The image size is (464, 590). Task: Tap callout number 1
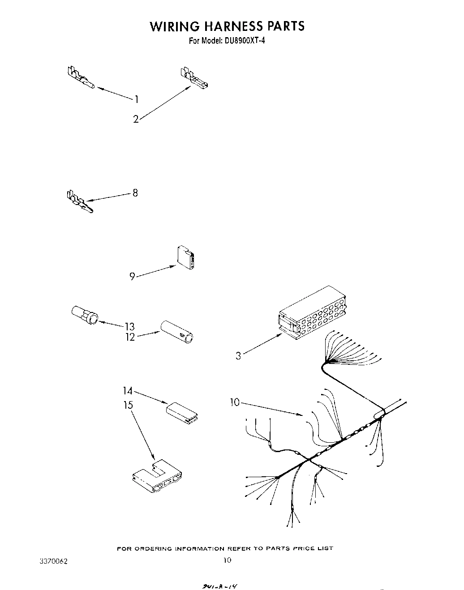(137, 99)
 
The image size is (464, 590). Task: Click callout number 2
(136, 119)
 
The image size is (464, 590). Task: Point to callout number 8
(135, 193)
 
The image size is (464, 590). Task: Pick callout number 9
(132, 277)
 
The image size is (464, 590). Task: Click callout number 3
(238, 356)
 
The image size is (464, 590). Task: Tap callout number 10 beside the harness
(235, 403)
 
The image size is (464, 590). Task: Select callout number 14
(128, 391)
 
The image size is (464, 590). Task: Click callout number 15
(128, 405)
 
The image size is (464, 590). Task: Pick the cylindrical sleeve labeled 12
(177, 331)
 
